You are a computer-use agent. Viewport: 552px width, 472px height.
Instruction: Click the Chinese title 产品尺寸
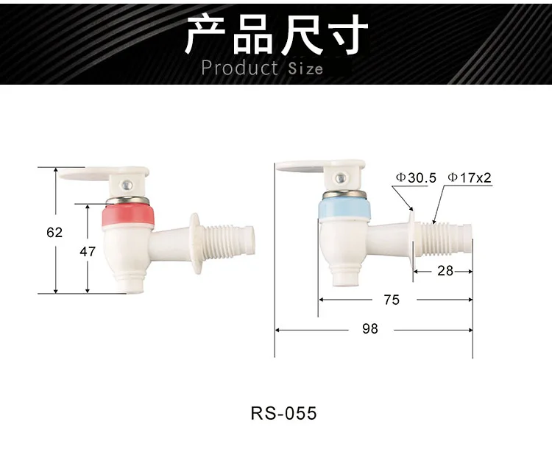276,35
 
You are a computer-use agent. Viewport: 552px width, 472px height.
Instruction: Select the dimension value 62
54,232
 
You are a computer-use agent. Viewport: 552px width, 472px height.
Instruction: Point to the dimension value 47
88,251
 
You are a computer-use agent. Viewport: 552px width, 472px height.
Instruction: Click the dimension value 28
445,270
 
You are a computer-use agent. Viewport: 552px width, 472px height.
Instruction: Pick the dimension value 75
392,300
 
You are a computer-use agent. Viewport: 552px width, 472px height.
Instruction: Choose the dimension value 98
370,329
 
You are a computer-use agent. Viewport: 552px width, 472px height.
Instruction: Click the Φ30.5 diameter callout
416,177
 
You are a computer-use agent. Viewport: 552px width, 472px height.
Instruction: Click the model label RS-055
283,413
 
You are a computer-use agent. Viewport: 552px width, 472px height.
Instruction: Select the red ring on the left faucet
129,216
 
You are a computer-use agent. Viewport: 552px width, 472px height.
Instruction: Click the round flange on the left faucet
195,242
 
